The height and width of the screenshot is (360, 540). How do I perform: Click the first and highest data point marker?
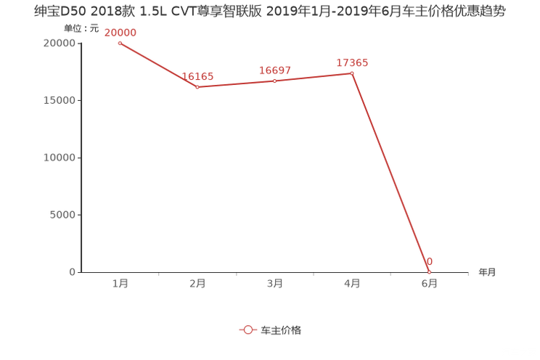click(x=120, y=43)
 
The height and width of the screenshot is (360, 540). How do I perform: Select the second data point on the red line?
click(x=197, y=86)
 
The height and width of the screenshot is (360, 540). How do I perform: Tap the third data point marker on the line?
click(x=274, y=80)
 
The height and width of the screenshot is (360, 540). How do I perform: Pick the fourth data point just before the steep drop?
click(x=352, y=73)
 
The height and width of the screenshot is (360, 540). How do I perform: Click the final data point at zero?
click(x=430, y=272)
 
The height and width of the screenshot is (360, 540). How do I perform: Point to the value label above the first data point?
click(x=120, y=32)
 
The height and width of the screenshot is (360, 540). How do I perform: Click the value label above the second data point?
click(x=197, y=75)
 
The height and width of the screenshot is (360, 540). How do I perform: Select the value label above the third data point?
click(x=275, y=70)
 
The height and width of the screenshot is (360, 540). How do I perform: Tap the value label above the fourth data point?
click(x=352, y=62)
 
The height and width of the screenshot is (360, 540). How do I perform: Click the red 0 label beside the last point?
click(x=430, y=261)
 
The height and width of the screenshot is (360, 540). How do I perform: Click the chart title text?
click(x=269, y=12)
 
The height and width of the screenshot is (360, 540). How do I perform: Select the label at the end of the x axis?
click(x=487, y=273)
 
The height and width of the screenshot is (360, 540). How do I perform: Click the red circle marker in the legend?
click(x=248, y=330)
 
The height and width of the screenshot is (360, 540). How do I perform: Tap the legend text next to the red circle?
click(x=281, y=330)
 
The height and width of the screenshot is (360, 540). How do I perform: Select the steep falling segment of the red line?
click(x=390, y=173)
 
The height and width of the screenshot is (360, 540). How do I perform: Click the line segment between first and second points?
click(x=158, y=65)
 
